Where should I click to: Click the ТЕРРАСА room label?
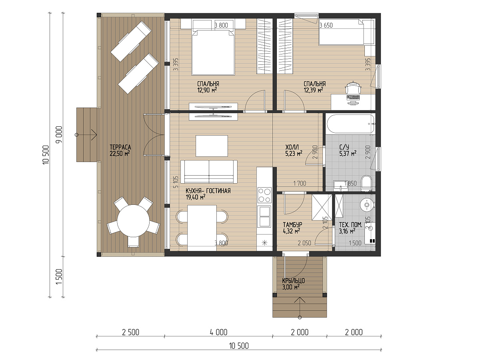pos(120,147)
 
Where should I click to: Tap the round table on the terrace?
pos(133,221)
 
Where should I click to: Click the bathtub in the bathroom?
pos(351,124)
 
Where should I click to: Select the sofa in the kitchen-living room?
pos(209,172)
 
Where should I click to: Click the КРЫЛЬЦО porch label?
pos(293,281)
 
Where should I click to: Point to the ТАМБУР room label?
pos(292,224)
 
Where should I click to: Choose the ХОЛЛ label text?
pos(292,147)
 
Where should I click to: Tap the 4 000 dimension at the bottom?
pos(218,332)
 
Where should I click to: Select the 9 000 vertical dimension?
pos(59,134)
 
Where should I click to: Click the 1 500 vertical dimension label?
pos(59,277)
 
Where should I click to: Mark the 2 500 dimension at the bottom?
pos(130,332)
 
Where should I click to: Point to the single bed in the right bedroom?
pos(347,32)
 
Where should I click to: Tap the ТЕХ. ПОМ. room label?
pos(350,225)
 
